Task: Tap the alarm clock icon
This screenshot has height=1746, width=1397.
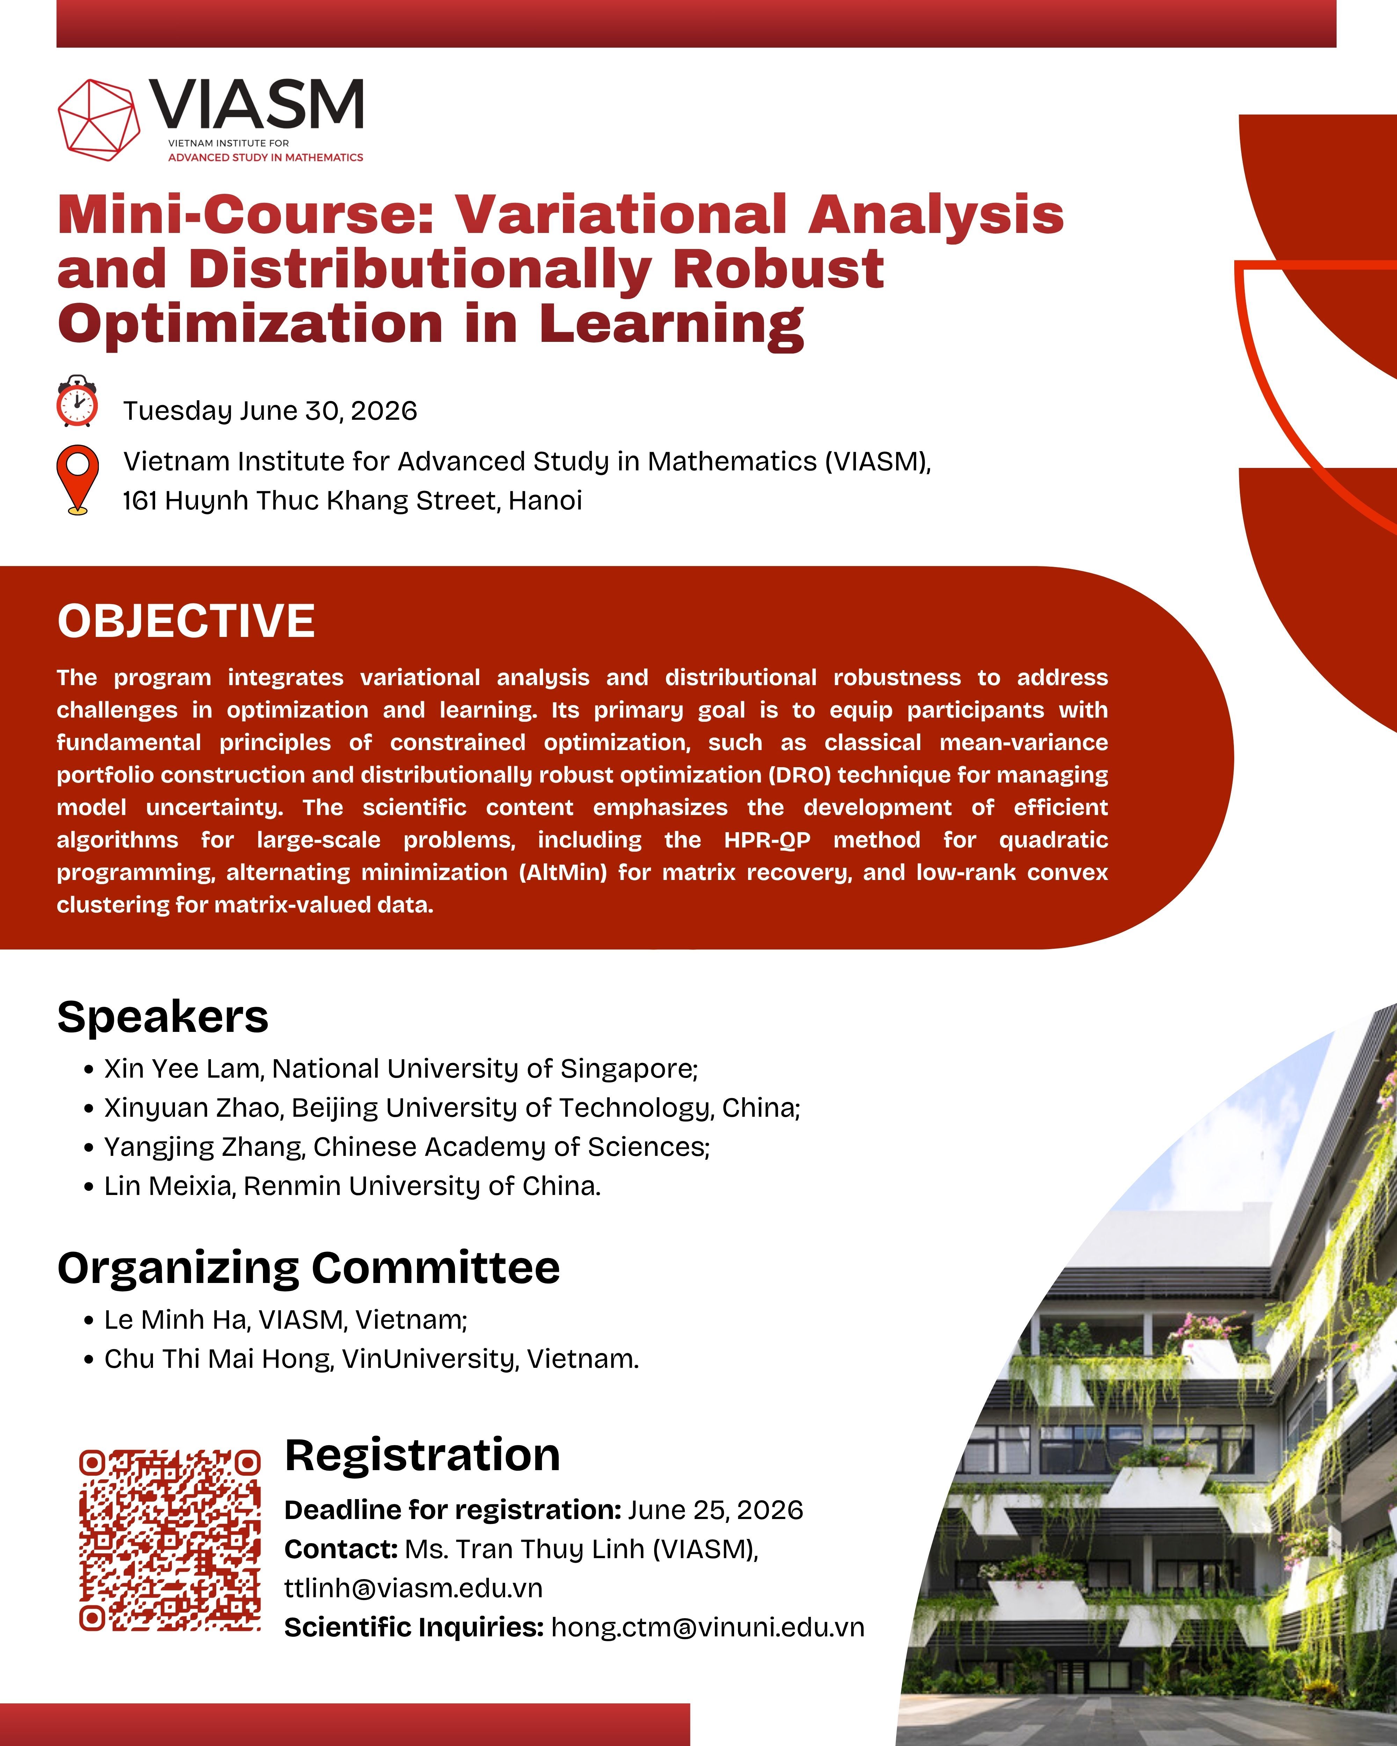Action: tap(77, 401)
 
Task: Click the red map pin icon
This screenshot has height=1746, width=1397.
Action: tap(77, 479)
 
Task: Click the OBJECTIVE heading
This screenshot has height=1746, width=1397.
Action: tap(185, 621)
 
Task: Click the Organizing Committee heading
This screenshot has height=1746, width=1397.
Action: tap(308, 1268)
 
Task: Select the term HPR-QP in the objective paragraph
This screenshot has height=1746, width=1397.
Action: tap(767, 840)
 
